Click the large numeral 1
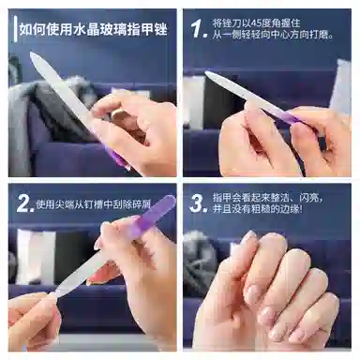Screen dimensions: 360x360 [x=199, y=29]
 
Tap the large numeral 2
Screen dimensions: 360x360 [x=25, y=203]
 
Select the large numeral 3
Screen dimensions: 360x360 [x=199, y=203]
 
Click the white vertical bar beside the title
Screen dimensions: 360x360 [x=15, y=29]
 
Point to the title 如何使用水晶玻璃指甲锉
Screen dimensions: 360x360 [x=94, y=29]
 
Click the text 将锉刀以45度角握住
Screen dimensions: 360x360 [x=256, y=22]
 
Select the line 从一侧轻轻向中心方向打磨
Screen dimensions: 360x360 [x=273, y=34]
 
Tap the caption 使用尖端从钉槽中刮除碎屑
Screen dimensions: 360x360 [x=94, y=204]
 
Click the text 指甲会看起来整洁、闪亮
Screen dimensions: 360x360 [x=267, y=198]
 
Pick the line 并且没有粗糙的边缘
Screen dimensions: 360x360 [x=258, y=209]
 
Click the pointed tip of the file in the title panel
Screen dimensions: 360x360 [x=31, y=53]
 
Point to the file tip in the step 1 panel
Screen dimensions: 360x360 [x=206, y=73]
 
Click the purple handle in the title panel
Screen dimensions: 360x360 [x=115, y=157]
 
